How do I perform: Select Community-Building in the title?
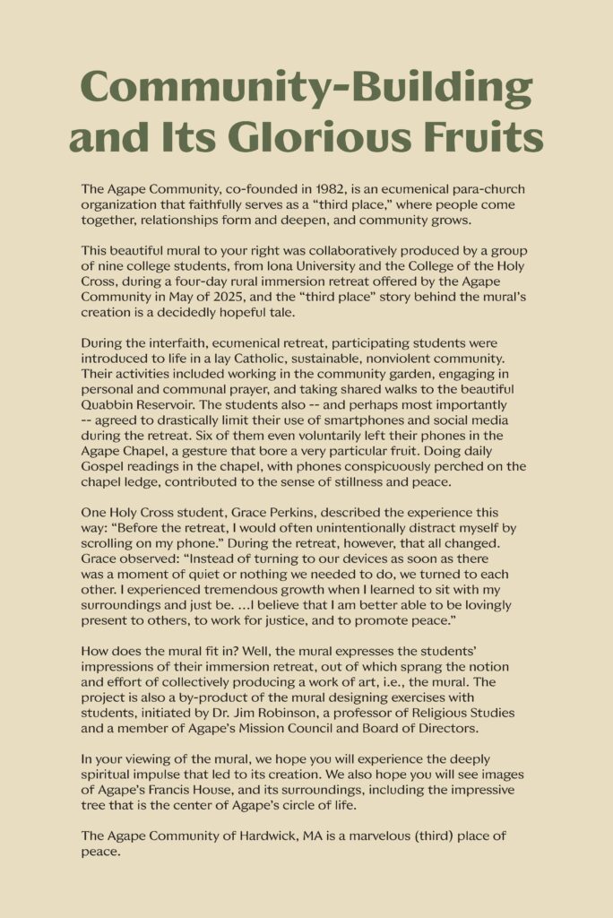306,89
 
